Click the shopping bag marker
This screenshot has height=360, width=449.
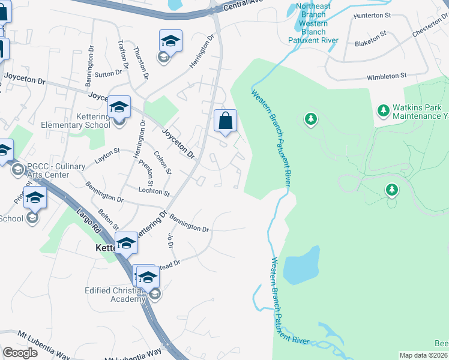pyautogui.click(x=225, y=121)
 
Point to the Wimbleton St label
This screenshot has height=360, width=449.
pyautogui.click(x=387, y=77)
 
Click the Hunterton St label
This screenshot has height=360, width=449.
pyautogui.click(x=372, y=14)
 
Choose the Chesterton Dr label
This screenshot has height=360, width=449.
pyautogui.click(x=430, y=26)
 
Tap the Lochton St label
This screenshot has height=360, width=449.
pyautogui.click(x=154, y=191)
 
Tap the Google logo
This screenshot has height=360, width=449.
pyautogui.click(x=20, y=352)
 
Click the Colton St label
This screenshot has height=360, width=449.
pyautogui.click(x=163, y=163)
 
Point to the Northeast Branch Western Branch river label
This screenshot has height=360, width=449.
pyautogui.click(x=313, y=23)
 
